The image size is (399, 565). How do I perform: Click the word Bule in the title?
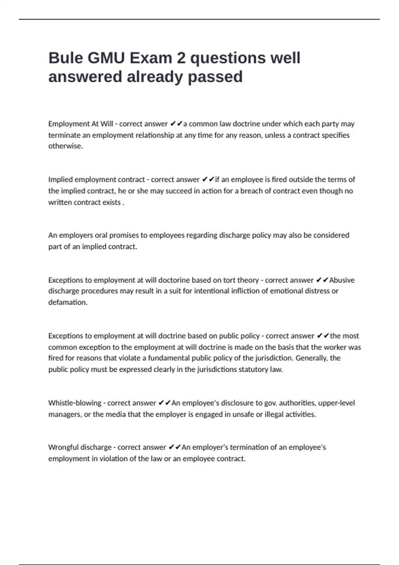[x=66, y=58]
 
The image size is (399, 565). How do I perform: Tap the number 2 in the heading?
[x=181, y=58]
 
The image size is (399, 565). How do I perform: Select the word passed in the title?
[x=215, y=77]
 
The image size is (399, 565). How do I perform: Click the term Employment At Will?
[x=80, y=124]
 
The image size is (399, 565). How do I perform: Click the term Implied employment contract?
[x=96, y=180]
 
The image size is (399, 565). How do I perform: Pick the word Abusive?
[x=342, y=280]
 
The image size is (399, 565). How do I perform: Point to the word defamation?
[x=67, y=302]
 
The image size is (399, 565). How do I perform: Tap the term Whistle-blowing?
[x=74, y=403]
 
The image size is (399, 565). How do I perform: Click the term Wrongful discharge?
[x=80, y=447]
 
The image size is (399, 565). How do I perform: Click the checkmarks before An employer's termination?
[x=175, y=447]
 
